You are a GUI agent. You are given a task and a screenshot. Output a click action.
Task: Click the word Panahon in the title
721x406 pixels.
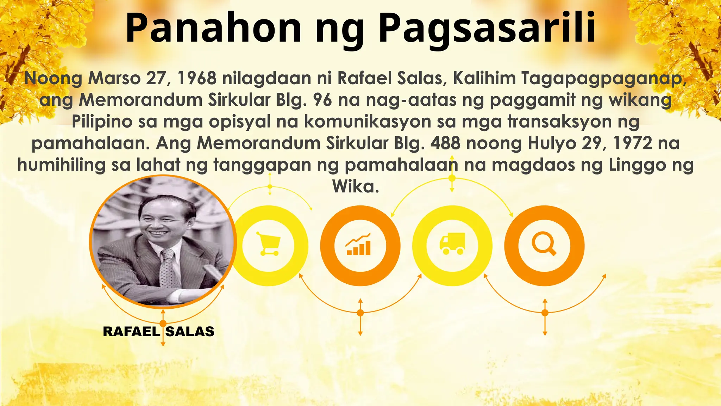coord(213,28)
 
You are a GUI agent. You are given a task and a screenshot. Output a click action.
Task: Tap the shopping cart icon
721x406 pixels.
coord(269,244)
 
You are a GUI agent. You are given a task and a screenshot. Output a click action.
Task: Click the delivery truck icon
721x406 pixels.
coord(452,244)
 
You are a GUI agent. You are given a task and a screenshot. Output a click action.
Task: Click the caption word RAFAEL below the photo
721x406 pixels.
coord(131,332)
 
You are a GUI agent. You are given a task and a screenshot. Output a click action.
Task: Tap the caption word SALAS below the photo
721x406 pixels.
coord(190,332)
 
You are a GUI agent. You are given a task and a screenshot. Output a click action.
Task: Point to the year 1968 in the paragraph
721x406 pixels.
coord(197,78)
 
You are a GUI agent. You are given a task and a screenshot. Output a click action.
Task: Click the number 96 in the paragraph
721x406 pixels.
coord(322,100)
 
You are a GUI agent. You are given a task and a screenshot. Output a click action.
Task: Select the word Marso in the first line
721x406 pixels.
coord(114,78)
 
